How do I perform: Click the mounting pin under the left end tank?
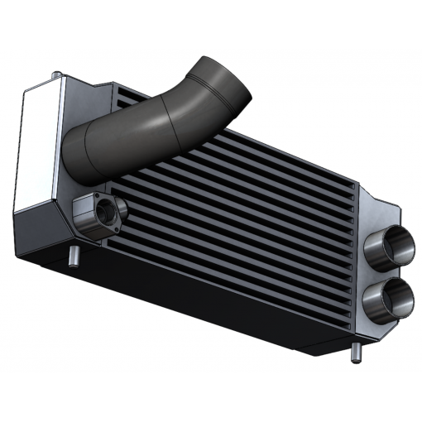click(75, 258)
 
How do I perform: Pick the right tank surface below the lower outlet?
click(372, 327)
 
